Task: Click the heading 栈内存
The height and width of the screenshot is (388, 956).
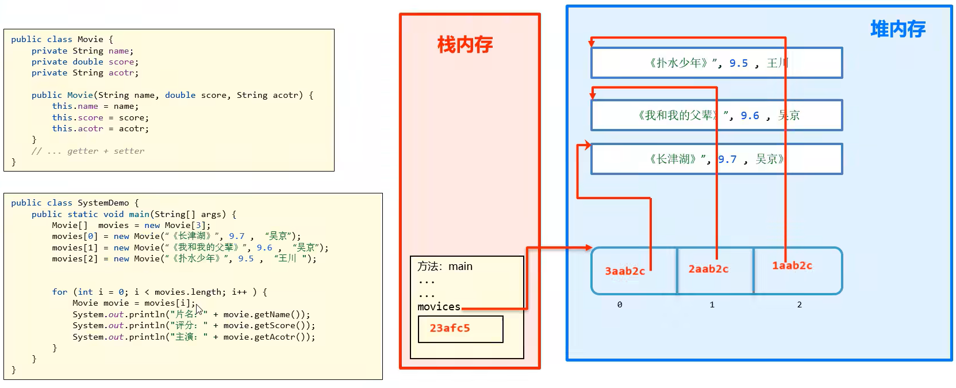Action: (464, 44)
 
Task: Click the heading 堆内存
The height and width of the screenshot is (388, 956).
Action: (897, 29)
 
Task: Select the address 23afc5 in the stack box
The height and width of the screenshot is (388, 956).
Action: (450, 328)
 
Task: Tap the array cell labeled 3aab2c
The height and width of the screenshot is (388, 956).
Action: (625, 271)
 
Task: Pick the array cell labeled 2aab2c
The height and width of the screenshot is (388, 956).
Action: (708, 269)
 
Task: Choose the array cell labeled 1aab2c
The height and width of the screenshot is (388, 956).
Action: (792, 265)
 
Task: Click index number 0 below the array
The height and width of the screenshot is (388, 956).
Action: (620, 305)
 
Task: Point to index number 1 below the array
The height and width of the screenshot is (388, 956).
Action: (712, 305)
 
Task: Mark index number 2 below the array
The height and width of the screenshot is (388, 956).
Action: (799, 305)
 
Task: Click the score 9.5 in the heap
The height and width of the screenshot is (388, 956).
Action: (739, 63)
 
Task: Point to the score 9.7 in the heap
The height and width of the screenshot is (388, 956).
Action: (728, 159)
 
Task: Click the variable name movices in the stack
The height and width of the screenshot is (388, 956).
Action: (439, 307)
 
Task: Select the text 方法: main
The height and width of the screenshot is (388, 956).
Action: (445, 267)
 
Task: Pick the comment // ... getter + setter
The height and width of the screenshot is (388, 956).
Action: (88, 151)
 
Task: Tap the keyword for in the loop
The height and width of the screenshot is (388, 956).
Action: (59, 292)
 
